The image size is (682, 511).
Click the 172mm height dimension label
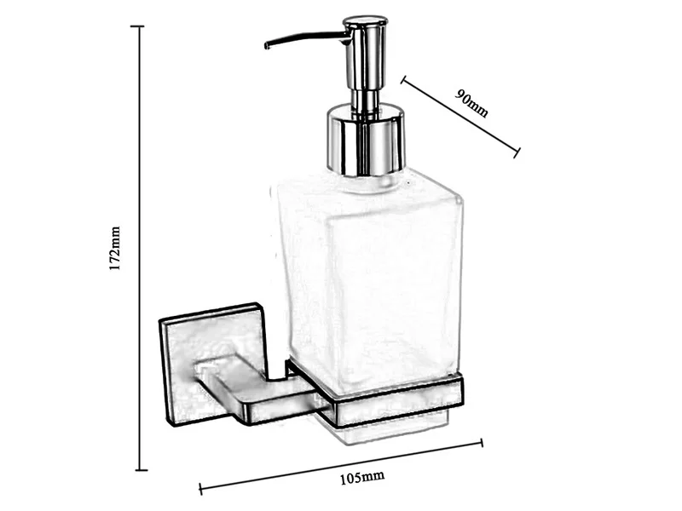114,249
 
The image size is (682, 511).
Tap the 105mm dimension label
361,477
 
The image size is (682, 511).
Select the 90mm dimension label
472,103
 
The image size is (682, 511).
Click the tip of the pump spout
266,45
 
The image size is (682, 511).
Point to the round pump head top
365,22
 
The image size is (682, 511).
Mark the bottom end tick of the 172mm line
141,469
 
